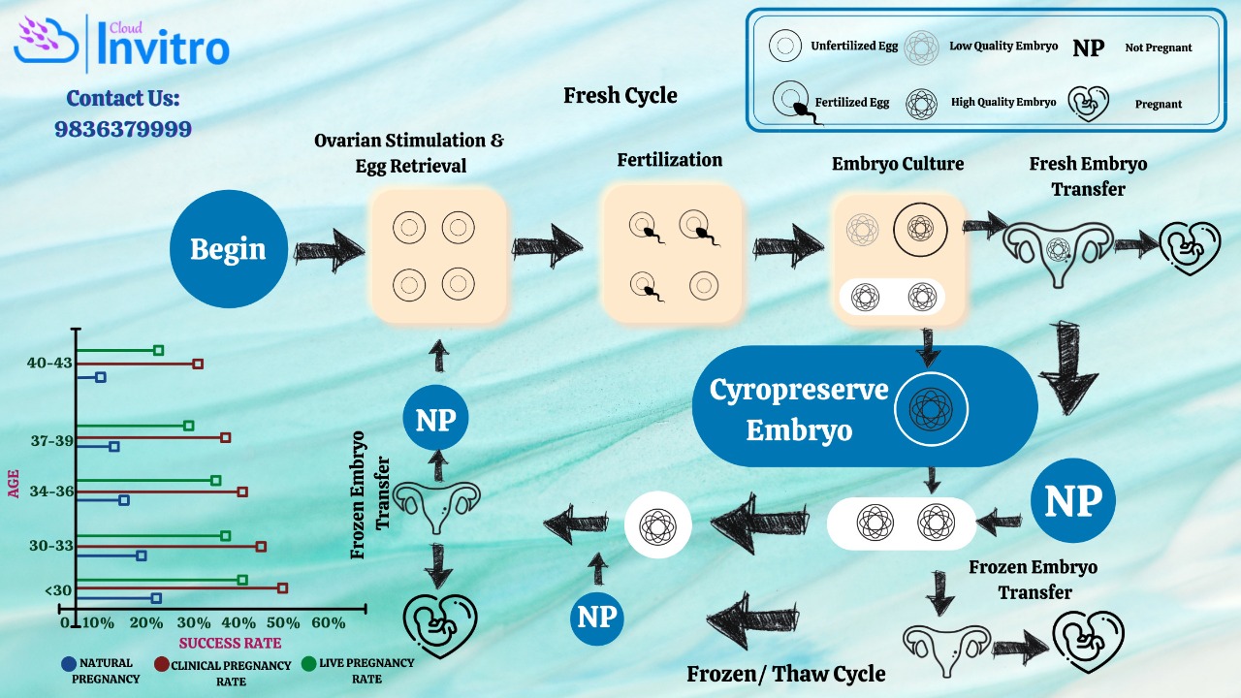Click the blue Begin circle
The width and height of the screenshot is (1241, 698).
(x=228, y=249)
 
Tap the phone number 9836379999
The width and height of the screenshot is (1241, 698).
(x=123, y=129)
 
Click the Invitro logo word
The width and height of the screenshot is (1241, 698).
(x=163, y=48)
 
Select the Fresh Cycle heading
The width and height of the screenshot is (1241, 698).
(x=620, y=95)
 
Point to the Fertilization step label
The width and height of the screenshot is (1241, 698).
(x=669, y=160)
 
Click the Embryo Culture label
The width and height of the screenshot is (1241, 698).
(x=898, y=164)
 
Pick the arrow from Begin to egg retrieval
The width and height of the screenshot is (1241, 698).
(x=329, y=250)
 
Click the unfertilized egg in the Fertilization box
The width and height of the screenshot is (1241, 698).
(x=704, y=286)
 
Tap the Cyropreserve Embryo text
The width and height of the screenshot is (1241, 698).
(x=798, y=410)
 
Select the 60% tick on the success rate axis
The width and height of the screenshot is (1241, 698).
(x=328, y=622)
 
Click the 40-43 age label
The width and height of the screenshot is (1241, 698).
(x=49, y=363)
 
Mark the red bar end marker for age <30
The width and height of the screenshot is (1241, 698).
(x=282, y=587)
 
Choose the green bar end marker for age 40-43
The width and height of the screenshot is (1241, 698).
(x=158, y=350)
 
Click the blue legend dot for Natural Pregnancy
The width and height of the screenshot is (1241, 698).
(x=68, y=664)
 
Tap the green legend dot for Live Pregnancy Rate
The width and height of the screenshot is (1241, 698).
(x=308, y=663)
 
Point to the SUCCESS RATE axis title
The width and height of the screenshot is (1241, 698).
(x=230, y=643)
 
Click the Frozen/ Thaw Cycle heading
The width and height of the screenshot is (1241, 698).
(x=785, y=674)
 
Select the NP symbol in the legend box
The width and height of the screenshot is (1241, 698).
(x=1088, y=48)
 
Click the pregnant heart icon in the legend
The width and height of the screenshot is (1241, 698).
(x=1088, y=104)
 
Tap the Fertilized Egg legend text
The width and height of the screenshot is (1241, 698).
(x=852, y=102)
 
